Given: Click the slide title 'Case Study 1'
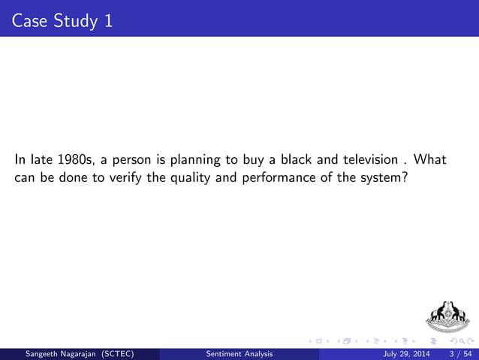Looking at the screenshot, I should [63, 20].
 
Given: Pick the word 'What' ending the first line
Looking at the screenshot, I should [432, 160].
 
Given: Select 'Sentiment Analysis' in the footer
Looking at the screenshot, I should [240, 353].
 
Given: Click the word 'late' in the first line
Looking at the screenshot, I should [40, 160].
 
